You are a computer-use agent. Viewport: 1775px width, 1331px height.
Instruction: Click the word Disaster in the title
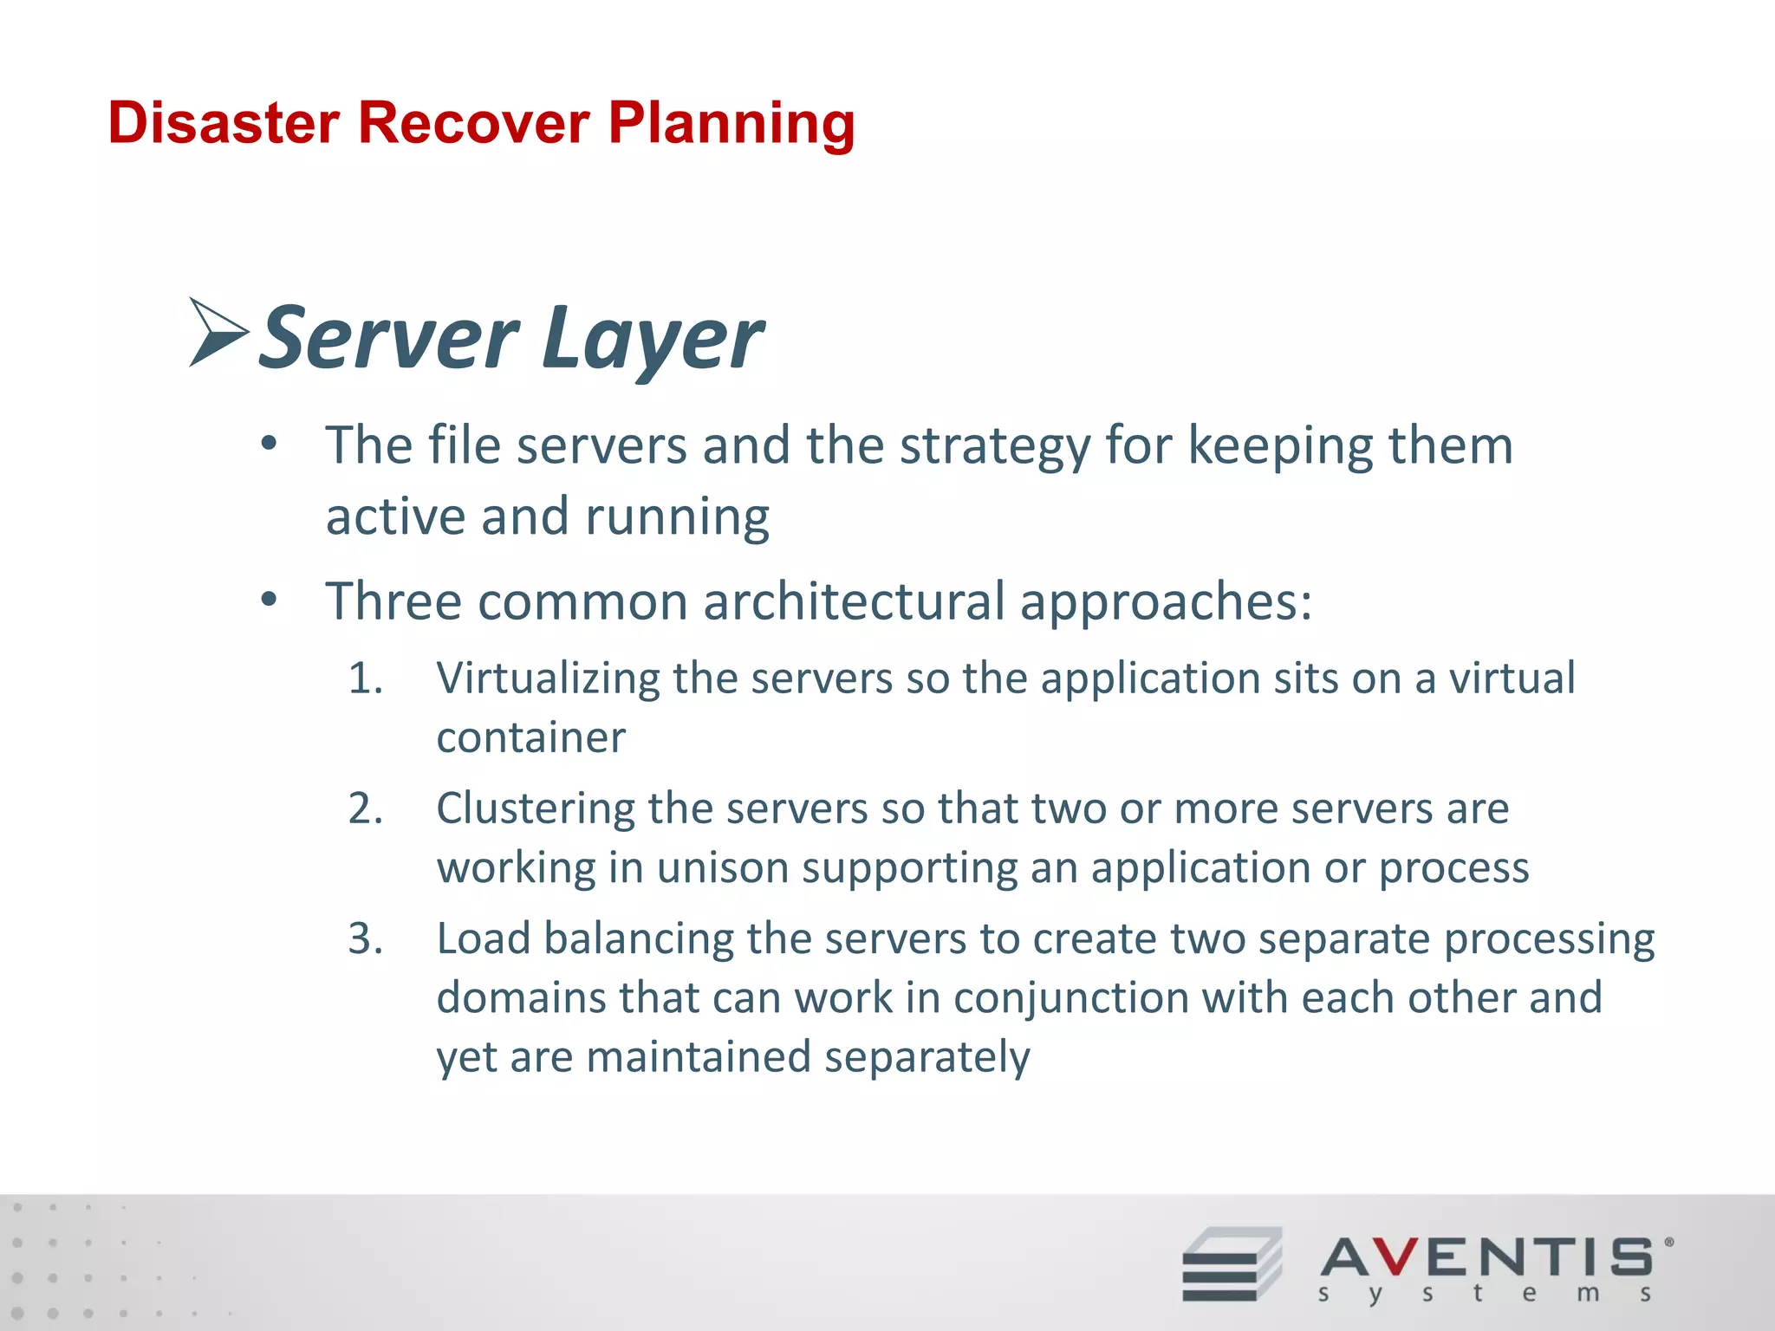[x=223, y=123]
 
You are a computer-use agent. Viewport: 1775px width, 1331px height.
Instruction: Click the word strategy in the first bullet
[x=994, y=447]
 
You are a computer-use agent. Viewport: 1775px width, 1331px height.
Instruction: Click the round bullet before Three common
[x=270, y=600]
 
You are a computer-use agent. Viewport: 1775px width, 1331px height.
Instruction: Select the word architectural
[x=854, y=601]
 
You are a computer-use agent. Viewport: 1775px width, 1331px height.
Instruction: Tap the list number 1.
[x=365, y=678]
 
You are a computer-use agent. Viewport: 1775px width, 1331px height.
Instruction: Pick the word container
[x=530, y=738]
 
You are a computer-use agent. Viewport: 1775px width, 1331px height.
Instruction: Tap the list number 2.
[x=365, y=808]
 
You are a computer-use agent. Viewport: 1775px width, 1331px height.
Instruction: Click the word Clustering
[x=534, y=808]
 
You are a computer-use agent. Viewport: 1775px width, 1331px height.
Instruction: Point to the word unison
[x=721, y=868]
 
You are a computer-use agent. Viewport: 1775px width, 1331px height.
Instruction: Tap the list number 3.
[x=365, y=938]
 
